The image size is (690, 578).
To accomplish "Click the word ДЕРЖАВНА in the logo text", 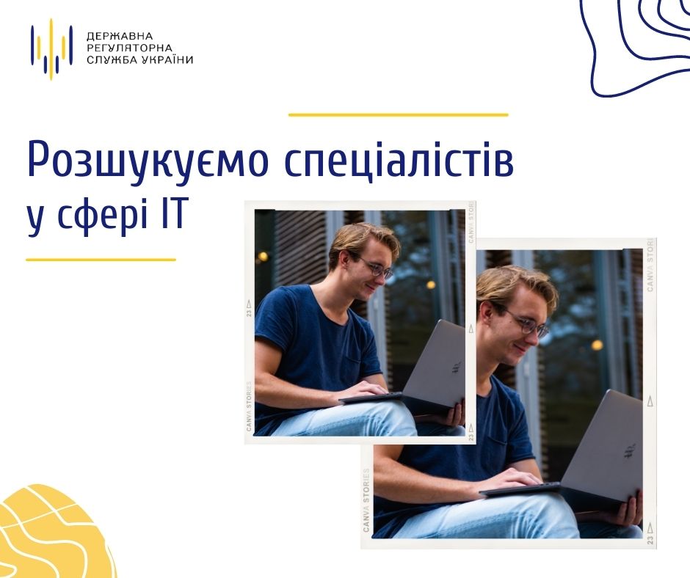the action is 120,36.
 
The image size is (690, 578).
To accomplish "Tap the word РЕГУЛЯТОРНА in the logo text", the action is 129,48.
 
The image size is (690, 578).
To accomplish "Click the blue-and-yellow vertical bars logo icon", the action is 51,49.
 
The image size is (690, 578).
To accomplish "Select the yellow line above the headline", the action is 399,115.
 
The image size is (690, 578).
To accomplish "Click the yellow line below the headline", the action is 101,260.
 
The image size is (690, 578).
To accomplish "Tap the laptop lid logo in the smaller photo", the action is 457,367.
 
